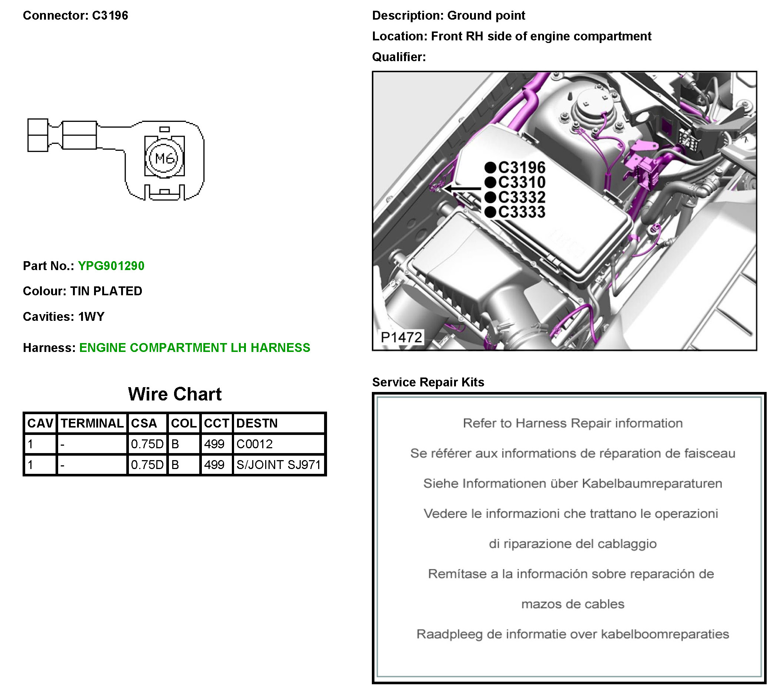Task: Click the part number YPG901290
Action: tap(111, 266)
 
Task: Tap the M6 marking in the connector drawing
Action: tap(164, 158)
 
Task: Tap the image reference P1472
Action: tap(401, 337)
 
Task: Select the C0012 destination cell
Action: tap(254, 444)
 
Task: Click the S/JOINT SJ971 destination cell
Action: tap(278, 464)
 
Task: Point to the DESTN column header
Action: tap(257, 423)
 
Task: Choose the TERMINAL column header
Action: tap(92, 423)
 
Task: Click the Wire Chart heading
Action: tap(174, 394)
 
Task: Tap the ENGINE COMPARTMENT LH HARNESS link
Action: tap(195, 347)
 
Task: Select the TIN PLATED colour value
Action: tap(106, 291)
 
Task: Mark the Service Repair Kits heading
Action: tap(428, 382)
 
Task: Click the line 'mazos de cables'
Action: tap(572, 604)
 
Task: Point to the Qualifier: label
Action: tap(399, 57)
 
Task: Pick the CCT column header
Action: tap(216, 423)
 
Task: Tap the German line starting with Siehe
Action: tap(572, 483)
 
